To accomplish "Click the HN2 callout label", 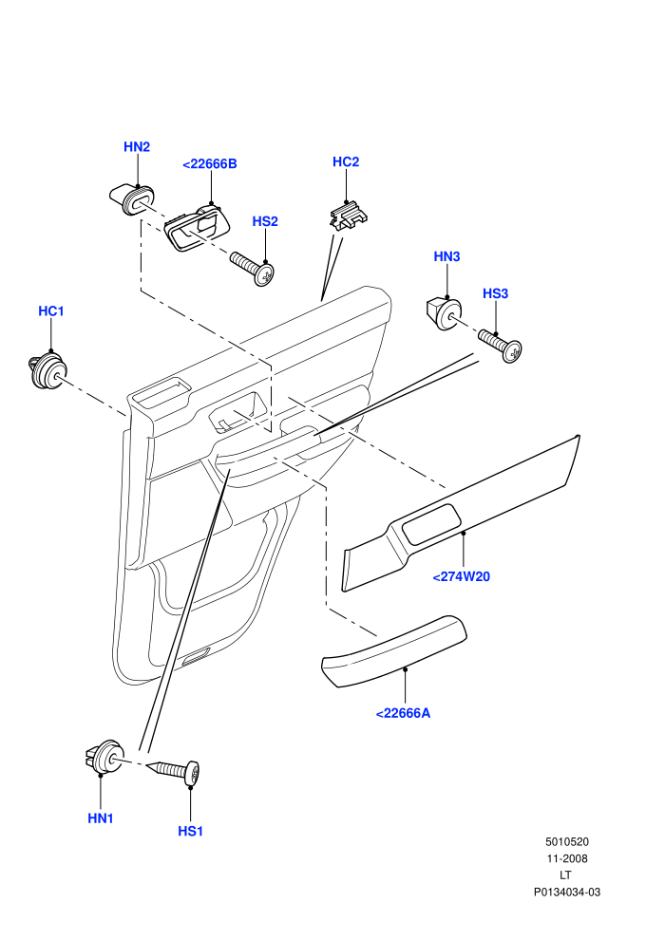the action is pos(137,147).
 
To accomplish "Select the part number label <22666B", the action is pos(210,163).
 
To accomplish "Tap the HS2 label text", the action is pos(265,221).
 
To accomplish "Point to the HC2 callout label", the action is pos(346,161).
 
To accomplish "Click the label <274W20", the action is pos(461,576).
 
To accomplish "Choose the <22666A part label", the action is pos(403,713).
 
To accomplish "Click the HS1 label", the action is pos(191,832).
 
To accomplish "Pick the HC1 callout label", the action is pos(51,311).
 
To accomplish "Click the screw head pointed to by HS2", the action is pos(264,274).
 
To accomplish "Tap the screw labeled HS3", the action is pos(500,344).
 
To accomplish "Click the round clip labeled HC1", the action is pos(47,371).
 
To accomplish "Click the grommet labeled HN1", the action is pos(104,757).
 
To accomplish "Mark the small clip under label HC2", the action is pos(349,216).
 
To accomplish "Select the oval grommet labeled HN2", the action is pos(132,197).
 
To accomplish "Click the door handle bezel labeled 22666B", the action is pos(197,228).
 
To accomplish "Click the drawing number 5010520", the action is pos(566,841).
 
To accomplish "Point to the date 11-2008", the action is pos(566,858).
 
